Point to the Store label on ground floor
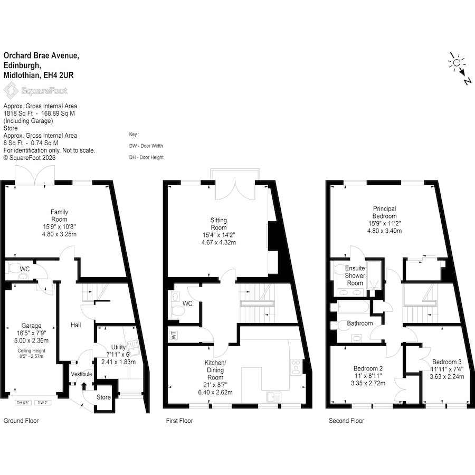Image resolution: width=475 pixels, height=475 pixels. pyautogui.click(x=103, y=397)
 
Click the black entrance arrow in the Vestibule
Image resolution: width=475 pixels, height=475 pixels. pyautogui.click(x=84, y=386)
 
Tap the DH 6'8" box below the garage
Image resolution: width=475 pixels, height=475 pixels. pyautogui.click(x=23, y=403)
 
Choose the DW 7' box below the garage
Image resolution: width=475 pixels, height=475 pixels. pyautogui.click(x=43, y=403)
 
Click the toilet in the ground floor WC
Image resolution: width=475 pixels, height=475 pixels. pyautogui.click(x=13, y=268)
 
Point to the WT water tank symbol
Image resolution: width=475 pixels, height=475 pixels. pyautogui.click(x=174, y=335)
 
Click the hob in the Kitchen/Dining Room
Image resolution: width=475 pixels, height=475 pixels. pyautogui.click(x=296, y=367)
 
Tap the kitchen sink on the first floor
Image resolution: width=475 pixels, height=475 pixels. pyautogui.click(x=274, y=396)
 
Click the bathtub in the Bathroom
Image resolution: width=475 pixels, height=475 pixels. pyautogui.click(x=353, y=307)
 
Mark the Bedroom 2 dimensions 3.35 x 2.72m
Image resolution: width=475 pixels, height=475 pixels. pyautogui.click(x=368, y=383)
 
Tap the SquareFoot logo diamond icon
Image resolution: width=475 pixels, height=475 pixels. pyautogui.click(x=11, y=91)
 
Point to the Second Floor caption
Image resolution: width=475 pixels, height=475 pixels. pyautogui.click(x=347, y=421)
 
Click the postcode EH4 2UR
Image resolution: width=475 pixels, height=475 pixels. pyautogui.click(x=59, y=75)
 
